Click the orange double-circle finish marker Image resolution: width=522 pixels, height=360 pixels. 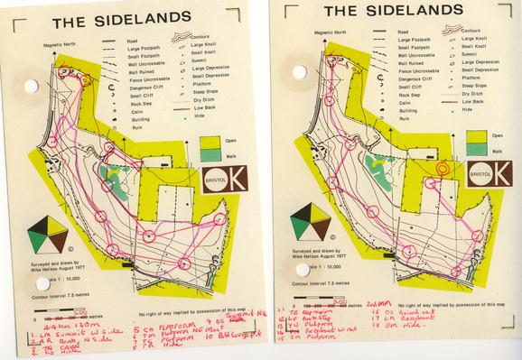coord(443,168)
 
